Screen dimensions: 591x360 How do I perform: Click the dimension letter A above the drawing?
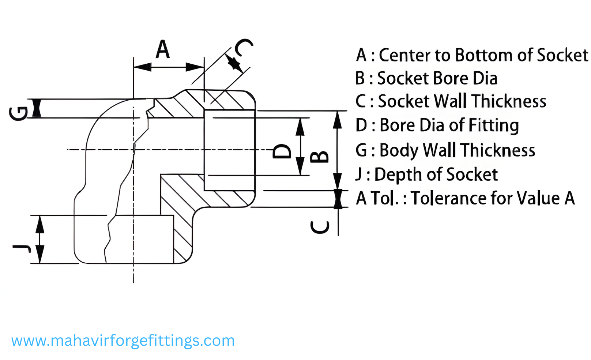pyautogui.click(x=163, y=50)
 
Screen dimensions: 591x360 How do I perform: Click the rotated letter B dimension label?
pyautogui.click(x=319, y=157)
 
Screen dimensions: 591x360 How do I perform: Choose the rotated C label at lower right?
pyautogui.click(x=320, y=227)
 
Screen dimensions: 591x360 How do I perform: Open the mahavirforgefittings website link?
pyautogui.click(x=123, y=341)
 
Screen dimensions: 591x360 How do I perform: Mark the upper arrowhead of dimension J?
pyautogui.click(x=39, y=224)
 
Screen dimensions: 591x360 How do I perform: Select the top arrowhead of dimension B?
pyautogui.click(x=337, y=120)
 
